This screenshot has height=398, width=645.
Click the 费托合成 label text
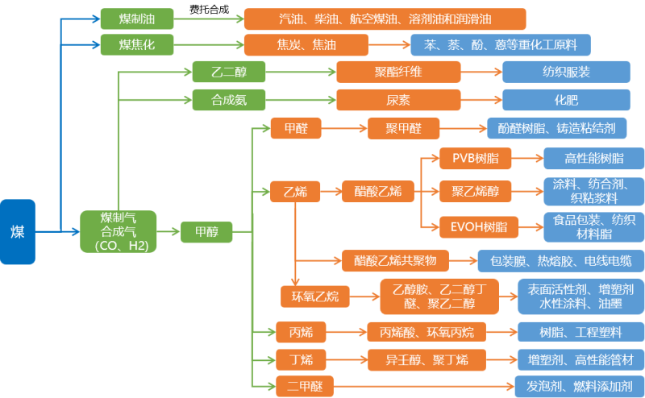pyautogui.click(x=209, y=9)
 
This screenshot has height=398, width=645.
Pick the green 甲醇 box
pyautogui.click(x=206, y=232)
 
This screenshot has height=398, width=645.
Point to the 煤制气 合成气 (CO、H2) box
pyautogui.click(x=118, y=232)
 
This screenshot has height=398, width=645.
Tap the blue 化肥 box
pyautogui.click(x=566, y=100)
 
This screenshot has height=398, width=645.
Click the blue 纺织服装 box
pyautogui.click(x=566, y=73)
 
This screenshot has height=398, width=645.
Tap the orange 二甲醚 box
pyautogui.click(x=304, y=386)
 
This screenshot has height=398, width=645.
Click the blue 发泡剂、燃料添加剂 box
pyautogui.click(x=580, y=386)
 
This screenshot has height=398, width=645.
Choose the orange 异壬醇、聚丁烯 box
pyautogui.click(x=427, y=359)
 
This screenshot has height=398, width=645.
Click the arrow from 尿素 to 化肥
pyautogui.click(x=481, y=100)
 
